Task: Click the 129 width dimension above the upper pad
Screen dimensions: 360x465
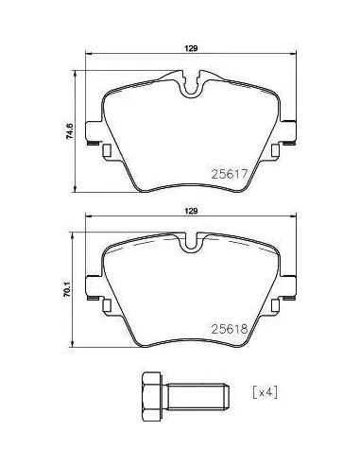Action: click(191, 48)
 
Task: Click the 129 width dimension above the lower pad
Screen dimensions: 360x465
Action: click(191, 211)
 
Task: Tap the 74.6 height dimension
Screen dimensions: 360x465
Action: click(70, 131)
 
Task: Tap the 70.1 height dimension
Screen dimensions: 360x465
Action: click(67, 290)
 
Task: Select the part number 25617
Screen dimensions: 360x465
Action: click(230, 174)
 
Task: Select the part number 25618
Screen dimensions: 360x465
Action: click(230, 329)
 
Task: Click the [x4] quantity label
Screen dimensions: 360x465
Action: click(266, 392)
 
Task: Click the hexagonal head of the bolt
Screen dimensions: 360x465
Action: click(152, 396)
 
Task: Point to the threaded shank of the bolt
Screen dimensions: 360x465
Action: click(196, 396)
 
